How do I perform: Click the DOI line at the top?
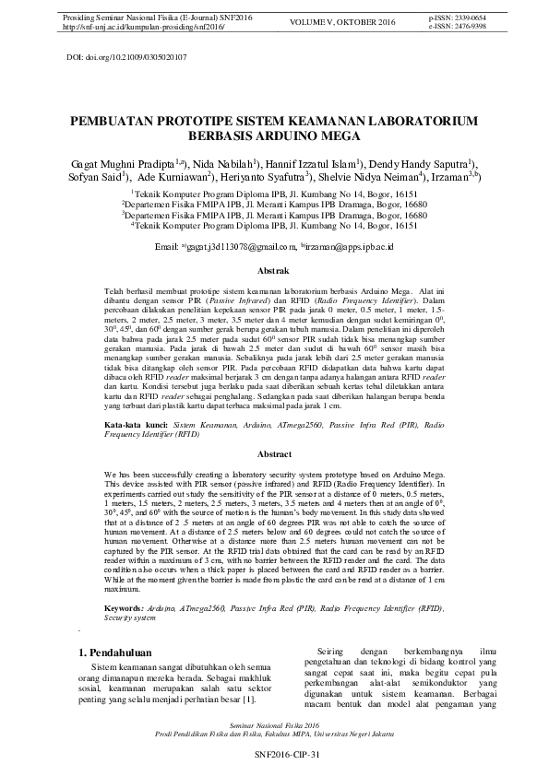coord(127,57)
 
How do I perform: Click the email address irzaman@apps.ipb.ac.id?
coord(351,247)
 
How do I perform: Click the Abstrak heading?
coord(274,271)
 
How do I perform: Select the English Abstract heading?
coord(274,455)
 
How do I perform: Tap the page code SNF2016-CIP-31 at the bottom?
coord(274,755)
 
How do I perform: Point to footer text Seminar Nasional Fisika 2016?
coord(274,727)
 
